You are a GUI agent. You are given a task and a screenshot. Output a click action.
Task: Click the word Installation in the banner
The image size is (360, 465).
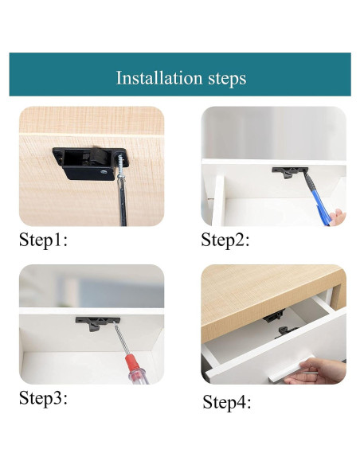(159, 78)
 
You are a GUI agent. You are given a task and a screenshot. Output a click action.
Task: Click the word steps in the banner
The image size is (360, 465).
(227, 79)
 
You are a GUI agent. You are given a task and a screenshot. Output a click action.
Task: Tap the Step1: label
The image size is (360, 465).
(43, 240)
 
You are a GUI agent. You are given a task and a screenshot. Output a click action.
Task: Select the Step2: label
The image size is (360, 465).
(225, 240)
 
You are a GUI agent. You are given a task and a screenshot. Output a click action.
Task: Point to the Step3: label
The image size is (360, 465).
(43, 397)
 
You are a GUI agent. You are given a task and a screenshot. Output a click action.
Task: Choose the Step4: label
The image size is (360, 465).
(227, 402)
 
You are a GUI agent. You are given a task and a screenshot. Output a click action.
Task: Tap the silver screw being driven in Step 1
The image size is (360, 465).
(121, 166)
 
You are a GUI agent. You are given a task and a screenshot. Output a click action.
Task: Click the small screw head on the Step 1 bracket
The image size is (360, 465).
(104, 171)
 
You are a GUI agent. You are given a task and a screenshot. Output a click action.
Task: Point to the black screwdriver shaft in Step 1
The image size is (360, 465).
(122, 201)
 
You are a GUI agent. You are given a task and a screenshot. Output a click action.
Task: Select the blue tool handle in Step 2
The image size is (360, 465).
(320, 206)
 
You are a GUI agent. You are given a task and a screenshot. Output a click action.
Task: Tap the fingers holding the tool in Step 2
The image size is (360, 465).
(338, 217)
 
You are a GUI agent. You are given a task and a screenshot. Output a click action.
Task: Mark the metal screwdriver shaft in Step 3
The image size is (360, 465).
(121, 339)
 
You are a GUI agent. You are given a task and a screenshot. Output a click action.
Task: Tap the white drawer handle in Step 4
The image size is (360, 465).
(292, 369)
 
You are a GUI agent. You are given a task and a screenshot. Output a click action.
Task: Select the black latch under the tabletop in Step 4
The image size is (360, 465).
(274, 317)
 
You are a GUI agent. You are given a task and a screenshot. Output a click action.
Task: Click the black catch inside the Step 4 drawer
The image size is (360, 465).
(285, 332)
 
